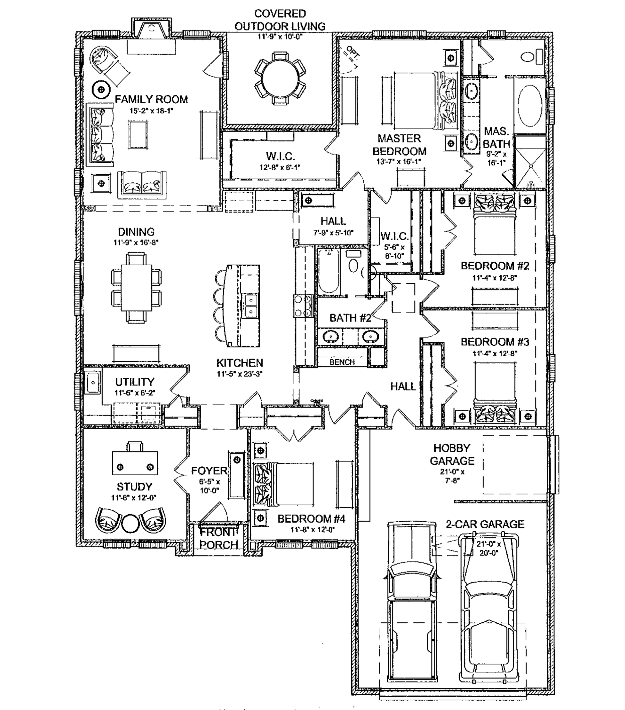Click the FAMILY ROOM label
pos(151,99)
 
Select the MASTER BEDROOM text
pos(399,145)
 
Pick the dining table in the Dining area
pos(136,288)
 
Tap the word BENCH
pos(342,362)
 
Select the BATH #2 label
pos(350,318)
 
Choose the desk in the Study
pos(135,463)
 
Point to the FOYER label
pos(209,471)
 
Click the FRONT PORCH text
pos(218,538)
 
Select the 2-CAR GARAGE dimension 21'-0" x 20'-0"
pos(489,548)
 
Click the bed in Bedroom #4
pos(284,484)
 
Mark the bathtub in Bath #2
pos(328,273)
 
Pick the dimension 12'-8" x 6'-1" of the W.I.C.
pos(280,167)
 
